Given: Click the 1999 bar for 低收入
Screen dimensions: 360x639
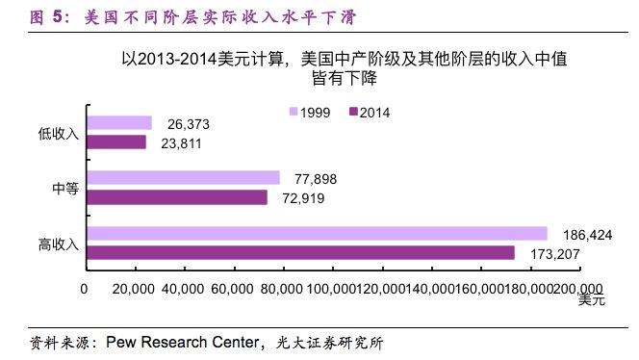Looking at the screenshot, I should (x=119, y=123).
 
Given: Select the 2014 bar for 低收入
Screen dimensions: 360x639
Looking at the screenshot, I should (x=116, y=142).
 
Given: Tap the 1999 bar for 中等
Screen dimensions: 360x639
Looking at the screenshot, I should (x=183, y=178).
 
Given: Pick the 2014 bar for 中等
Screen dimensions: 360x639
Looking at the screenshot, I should (x=177, y=197).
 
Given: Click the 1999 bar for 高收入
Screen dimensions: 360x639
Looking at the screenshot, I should (x=317, y=234).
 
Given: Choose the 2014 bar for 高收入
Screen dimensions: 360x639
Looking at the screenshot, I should (x=300, y=252).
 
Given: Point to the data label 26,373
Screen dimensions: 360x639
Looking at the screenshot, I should (x=189, y=124).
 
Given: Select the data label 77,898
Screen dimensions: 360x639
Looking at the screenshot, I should (x=316, y=179).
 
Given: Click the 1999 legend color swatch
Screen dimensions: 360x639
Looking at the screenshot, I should (x=294, y=113).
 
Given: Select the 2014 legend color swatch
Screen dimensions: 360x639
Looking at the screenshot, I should (x=353, y=113).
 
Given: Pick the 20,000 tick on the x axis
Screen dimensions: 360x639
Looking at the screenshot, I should (x=135, y=288).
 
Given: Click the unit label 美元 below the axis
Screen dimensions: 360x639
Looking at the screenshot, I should (x=591, y=301).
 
